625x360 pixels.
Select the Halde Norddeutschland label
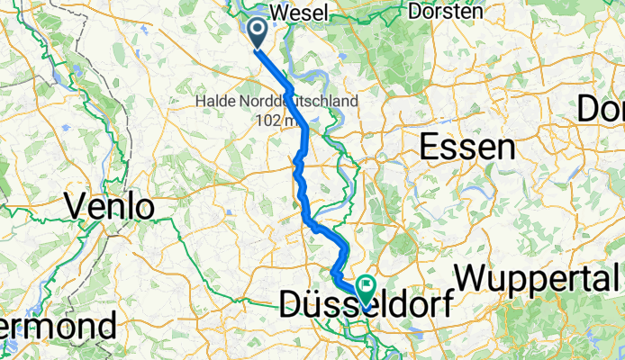click(x=276, y=102)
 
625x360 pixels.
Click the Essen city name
click(x=466, y=147)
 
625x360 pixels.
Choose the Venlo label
click(x=110, y=207)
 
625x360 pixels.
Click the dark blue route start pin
click(x=256, y=32)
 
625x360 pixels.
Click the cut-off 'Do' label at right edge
click(x=600, y=109)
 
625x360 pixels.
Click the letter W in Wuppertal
click(x=474, y=276)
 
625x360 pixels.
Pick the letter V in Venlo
click(x=76, y=207)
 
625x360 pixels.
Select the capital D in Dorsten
click(x=414, y=12)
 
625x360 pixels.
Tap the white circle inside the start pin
click(x=256, y=30)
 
